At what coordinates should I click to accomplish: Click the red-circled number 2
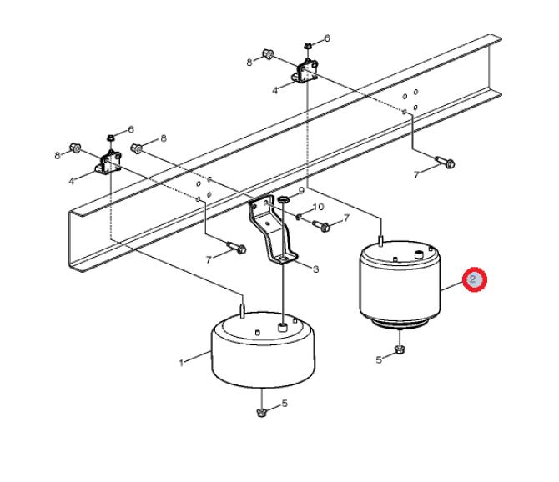[474, 279]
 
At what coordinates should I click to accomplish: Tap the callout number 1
[181, 363]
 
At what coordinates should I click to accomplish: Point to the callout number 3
[315, 269]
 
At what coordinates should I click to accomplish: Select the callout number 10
[318, 207]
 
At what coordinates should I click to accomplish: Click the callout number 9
[301, 191]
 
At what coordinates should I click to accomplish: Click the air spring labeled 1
[264, 349]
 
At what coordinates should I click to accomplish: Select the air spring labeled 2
[400, 284]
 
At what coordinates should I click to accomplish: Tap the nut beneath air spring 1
[262, 413]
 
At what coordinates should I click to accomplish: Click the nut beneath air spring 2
[400, 349]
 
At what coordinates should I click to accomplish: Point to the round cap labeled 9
[283, 198]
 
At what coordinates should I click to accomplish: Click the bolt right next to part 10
[321, 226]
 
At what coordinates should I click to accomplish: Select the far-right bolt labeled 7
[445, 162]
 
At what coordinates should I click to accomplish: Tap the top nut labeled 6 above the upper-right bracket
[308, 46]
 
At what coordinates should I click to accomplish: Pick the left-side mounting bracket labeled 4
[108, 163]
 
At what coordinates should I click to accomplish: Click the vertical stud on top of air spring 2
[380, 241]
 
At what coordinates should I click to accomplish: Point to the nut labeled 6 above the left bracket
[111, 138]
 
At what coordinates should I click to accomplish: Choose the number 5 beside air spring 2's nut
[379, 359]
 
